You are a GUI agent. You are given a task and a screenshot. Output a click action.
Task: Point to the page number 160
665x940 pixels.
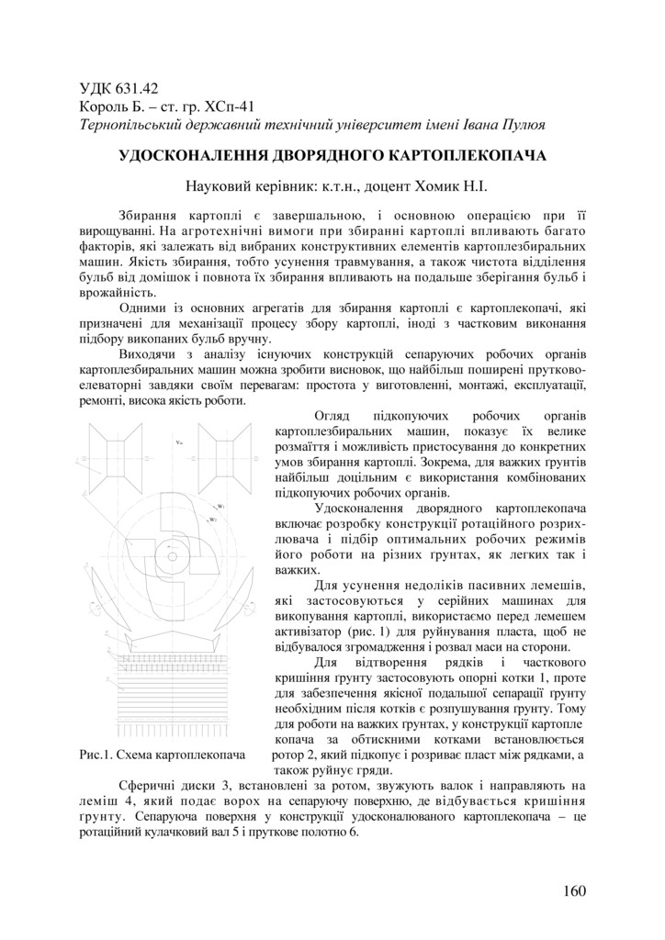(572, 890)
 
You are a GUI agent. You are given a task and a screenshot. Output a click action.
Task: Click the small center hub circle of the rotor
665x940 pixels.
(172, 553)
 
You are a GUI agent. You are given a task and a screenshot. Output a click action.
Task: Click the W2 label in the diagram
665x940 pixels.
(213, 520)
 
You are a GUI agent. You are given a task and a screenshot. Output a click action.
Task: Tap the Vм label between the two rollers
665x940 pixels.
(179, 443)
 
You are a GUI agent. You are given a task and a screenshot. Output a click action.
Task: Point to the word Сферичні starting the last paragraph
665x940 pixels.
(147, 786)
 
